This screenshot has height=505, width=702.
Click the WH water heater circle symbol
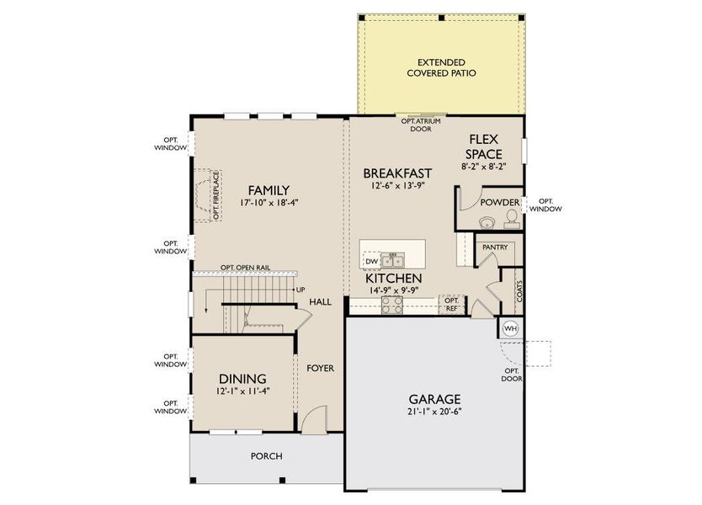click(x=510, y=328)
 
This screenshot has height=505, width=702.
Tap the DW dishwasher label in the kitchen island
click(x=371, y=262)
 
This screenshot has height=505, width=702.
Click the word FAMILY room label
click(x=269, y=190)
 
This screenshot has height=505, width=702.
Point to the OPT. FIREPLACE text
click(x=216, y=195)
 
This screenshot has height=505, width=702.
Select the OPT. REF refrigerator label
click(x=451, y=304)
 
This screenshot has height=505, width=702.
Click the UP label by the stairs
click(x=300, y=290)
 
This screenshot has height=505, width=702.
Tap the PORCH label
click(x=266, y=456)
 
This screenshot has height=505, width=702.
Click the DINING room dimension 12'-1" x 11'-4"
click(x=242, y=391)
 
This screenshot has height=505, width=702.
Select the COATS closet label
click(x=519, y=290)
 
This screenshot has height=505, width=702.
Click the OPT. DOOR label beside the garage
click(x=512, y=375)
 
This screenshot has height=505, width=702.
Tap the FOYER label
click(x=320, y=368)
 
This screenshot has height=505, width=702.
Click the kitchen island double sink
click(x=392, y=259)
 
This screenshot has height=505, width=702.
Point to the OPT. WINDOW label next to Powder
click(x=546, y=205)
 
